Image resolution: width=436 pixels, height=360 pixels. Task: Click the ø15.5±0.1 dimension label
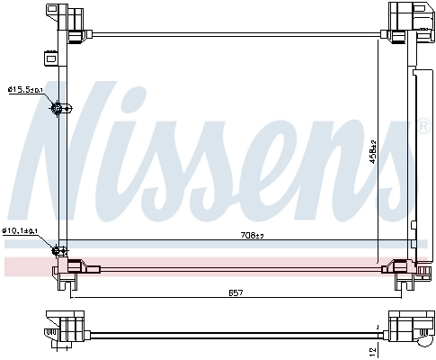click(26, 89)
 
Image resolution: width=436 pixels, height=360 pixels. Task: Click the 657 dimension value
click(235, 294)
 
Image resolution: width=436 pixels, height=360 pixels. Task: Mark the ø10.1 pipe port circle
click(60, 250)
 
